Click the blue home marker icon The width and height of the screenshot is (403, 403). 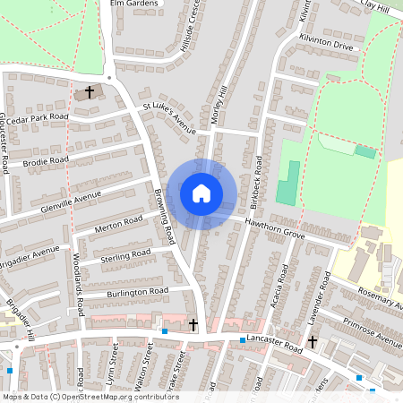(x=201, y=193)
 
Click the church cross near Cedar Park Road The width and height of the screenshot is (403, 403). (x=90, y=91)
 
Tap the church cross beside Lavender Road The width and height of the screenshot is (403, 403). (x=313, y=341)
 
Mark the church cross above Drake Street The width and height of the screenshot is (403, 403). (x=193, y=323)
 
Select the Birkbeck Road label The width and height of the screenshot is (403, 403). (x=257, y=178)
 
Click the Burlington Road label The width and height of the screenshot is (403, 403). (x=137, y=292)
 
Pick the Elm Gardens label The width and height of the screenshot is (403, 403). (x=133, y=4)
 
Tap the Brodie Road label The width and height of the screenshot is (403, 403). (x=47, y=161)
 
